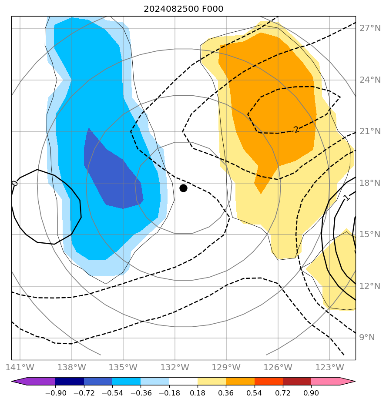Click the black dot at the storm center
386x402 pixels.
(x=183, y=188)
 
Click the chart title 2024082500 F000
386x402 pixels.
(x=183, y=9)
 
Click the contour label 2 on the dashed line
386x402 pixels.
(x=296, y=130)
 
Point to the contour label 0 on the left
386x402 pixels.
(x=14, y=183)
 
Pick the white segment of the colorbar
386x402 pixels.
(x=183, y=382)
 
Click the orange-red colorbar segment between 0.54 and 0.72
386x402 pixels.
(x=269, y=382)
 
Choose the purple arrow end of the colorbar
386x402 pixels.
(x=20, y=382)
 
